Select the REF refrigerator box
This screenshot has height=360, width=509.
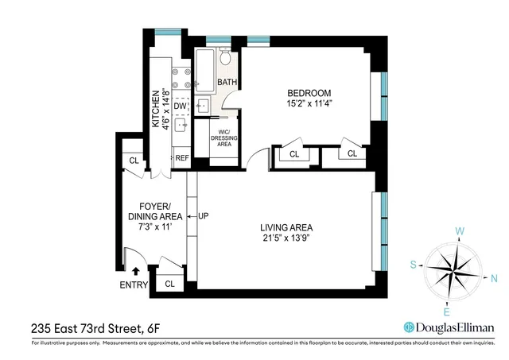tap(182, 157)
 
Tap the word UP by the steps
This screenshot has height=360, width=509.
tap(203, 215)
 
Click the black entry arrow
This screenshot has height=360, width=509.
tap(134, 271)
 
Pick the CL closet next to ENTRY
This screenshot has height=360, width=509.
tap(169, 283)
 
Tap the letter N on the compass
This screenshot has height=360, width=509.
tap(494, 278)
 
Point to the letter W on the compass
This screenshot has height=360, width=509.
tap(459, 232)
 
